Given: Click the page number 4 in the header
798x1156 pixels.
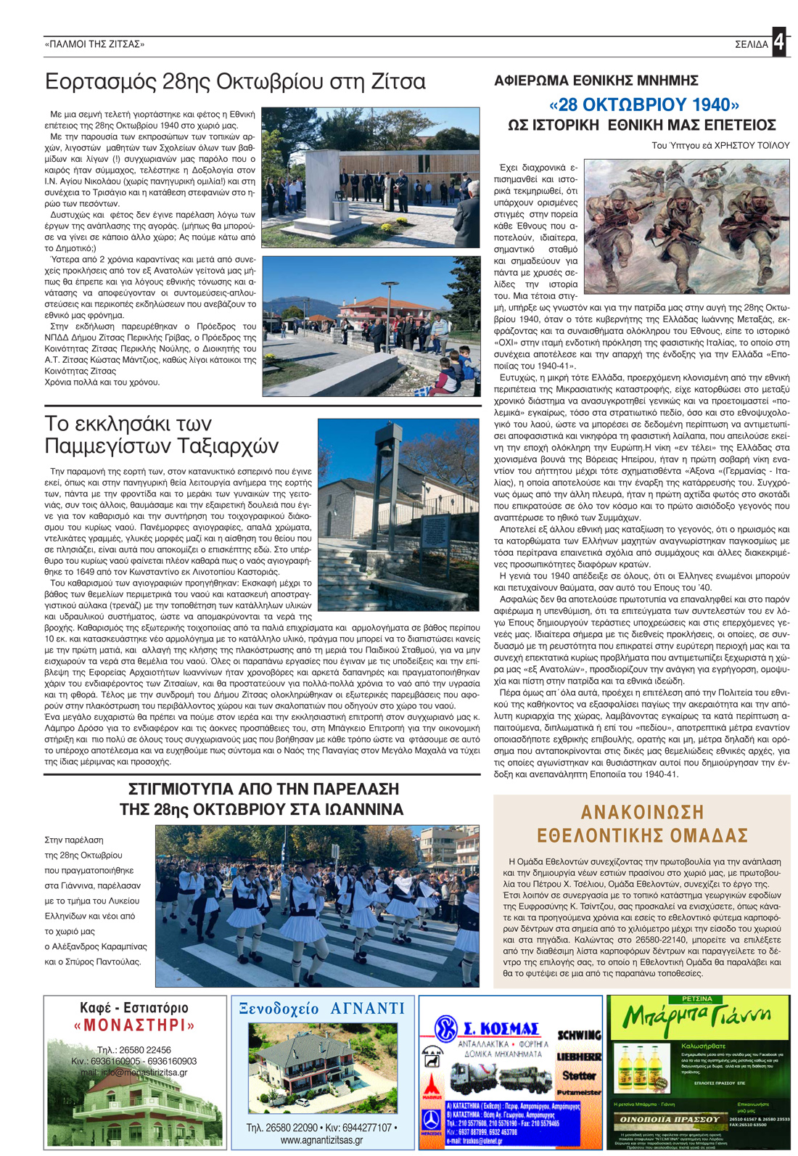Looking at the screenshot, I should pyautogui.click(x=778, y=42).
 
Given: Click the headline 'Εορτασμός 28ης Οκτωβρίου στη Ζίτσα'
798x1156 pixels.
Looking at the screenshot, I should pyautogui.click(x=235, y=81).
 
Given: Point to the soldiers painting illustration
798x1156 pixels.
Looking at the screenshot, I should pyautogui.click(x=686, y=226).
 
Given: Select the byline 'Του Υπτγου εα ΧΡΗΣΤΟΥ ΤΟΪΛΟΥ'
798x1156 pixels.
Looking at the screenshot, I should pyautogui.click(x=720, y=146).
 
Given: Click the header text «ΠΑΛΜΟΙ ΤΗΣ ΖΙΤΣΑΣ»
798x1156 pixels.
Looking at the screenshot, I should pyautogui.click(x=94, y=44).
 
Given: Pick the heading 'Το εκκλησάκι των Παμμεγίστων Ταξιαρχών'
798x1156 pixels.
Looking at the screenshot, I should pyautogui.click(x=161, y=435).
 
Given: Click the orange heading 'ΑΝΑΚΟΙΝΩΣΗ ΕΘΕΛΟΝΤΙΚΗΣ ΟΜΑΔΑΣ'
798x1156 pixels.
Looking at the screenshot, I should pyautogui.click(x=642, y=824).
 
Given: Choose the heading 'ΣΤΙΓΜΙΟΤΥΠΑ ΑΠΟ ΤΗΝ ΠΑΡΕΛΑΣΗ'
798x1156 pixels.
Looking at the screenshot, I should pyautogui.click(x=263, y=789).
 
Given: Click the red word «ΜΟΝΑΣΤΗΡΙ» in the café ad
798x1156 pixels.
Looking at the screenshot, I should pyautogui.click(x=135, y=1025).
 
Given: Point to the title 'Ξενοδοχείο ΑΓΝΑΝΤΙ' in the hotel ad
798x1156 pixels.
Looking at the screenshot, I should pyautogui.click(x=322, y=1008).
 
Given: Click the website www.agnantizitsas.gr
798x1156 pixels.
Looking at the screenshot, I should pyautogui.click(x=321, y=1140).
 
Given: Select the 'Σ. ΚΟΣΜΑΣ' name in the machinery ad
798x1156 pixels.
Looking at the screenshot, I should pyautogui.click(x=501, y=1028).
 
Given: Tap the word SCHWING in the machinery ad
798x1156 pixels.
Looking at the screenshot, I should pyautogui.click(x=578, y=1034).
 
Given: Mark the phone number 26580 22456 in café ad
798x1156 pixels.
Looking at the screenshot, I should pyautogui.click(x=134, y=1049).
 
